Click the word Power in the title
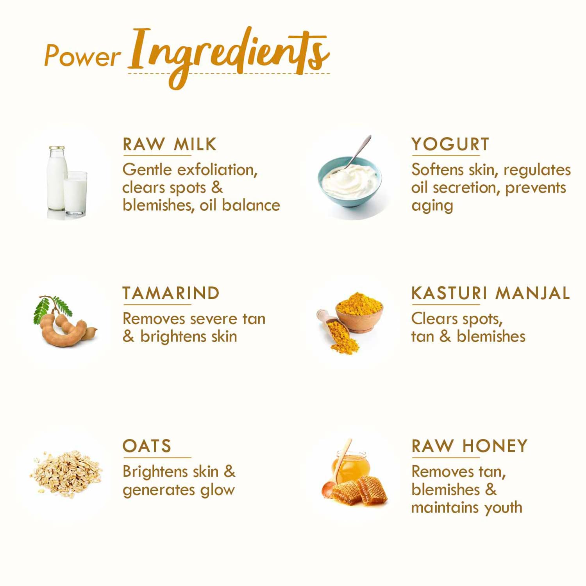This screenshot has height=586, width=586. pyautogui.click(x=82, y=55)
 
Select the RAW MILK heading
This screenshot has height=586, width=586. pyautogui.click(x=169, y=144)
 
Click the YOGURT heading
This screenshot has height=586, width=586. pyautogui.click(x=450, y=144)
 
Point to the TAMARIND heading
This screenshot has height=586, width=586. pyautogui.click(x=171, y=293)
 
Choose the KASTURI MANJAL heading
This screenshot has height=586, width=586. pyautogui.click(x=490, y=293)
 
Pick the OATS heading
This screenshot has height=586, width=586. pyautogui.click(x=146, y=446)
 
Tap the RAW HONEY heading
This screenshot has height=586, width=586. pyautogui.click(x=469, y=446)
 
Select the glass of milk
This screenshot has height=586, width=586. pyautogui.click(x=75, y=193)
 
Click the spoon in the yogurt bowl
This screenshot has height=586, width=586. pyautogui.click(x=357, y=152)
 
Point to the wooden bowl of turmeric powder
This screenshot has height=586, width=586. pyautogui.click(x=359, y=313)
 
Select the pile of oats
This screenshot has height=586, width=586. pyautogui.click(x=66, y=474)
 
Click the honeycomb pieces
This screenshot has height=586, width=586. pyautogui.click(x=359, y=490)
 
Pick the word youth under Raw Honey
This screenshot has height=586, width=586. pyautogui.click(x=503, y=507)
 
